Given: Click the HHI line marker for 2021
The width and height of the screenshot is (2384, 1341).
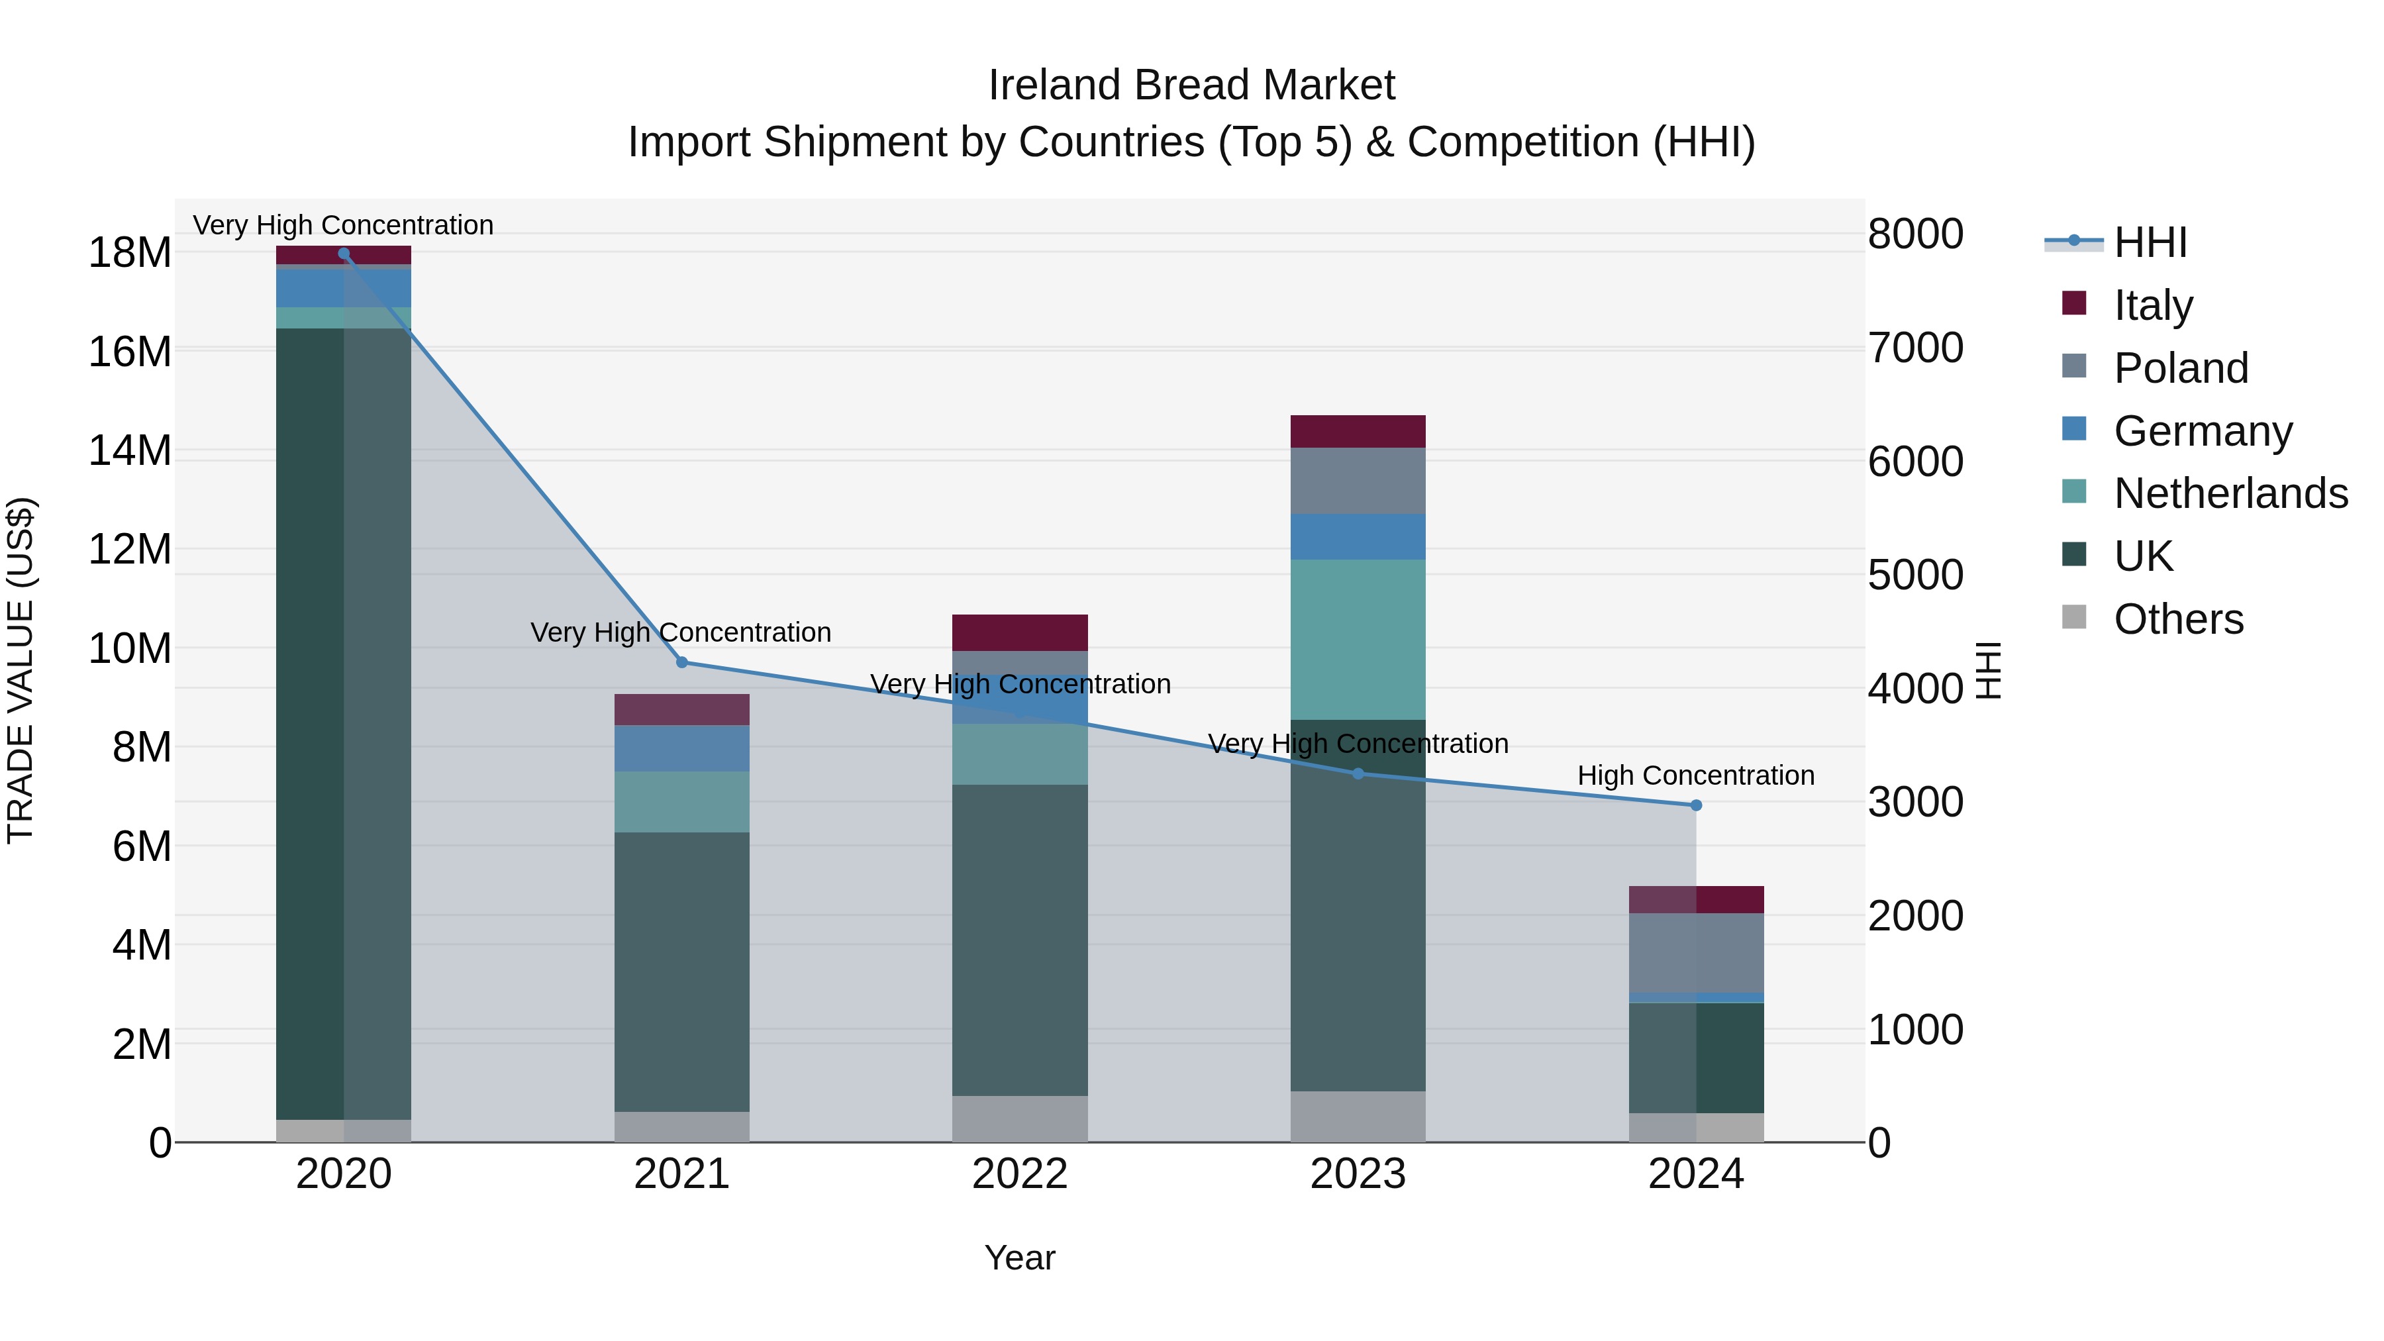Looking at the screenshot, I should pos(682,662).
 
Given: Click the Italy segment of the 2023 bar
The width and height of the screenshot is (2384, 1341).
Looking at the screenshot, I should pos(1358,431).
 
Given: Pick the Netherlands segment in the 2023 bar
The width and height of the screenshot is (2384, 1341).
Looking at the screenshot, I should pos(1358,638).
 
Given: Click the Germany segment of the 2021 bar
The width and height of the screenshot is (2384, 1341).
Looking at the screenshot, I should pos(682,748).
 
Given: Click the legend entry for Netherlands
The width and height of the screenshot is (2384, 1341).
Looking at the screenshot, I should pos(2230,493).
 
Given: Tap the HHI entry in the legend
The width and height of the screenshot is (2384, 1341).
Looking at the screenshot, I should pos(2150,242).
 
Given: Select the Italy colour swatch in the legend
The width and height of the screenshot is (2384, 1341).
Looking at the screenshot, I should pos(2074,303).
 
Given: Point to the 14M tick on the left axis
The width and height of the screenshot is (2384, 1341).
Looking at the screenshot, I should pos(130,451).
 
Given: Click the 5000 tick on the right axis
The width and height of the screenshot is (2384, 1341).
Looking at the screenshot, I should pos(1914,575).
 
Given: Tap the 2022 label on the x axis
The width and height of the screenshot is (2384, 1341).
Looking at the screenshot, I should pos(1020,1174).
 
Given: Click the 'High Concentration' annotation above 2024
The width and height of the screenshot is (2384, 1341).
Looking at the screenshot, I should pos(1695,775).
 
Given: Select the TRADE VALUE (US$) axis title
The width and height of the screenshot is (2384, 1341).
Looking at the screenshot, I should pos(21,670).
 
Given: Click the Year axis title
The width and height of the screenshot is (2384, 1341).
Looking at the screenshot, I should pos(1020,1258).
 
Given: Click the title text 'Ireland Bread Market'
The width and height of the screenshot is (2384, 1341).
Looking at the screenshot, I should pos(1191,85).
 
